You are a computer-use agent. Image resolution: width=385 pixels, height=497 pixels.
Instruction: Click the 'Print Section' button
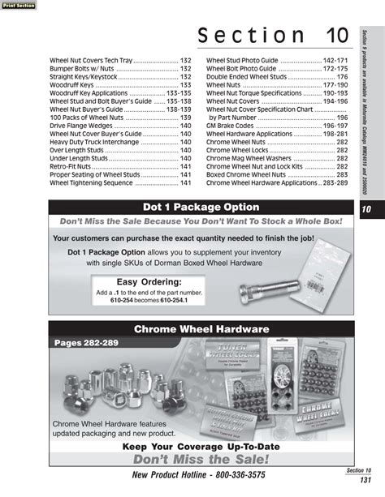pyautogui.click(x=17, y=5)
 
